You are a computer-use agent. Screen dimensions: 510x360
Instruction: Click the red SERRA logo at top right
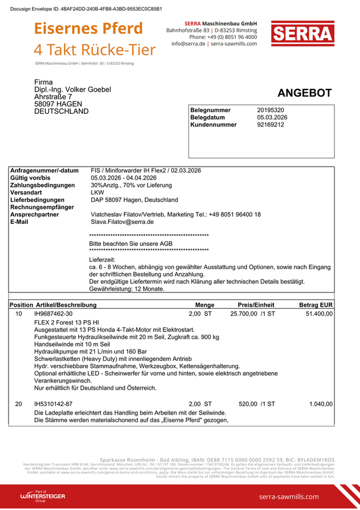tap(302, 34)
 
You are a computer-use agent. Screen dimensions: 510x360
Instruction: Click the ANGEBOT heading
tap(304, 93)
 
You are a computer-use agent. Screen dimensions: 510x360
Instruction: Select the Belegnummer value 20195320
tap(270, 110)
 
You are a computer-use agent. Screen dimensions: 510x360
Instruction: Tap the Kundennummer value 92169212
tap(270, 124)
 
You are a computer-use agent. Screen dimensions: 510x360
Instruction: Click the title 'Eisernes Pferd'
tap(88, 28)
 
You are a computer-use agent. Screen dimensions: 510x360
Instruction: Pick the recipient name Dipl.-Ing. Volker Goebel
tap(73, 90)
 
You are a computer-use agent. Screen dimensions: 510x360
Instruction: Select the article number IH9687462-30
tap(54, 313)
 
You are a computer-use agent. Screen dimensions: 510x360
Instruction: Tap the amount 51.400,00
tap(319, 313)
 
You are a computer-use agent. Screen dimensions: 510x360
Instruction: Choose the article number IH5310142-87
tap(54, 403)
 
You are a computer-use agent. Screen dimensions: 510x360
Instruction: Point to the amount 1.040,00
tap(321, 403)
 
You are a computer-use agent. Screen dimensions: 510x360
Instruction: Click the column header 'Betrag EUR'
tap(316, 305)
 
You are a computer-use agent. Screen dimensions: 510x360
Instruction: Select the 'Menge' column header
tap(205, 305)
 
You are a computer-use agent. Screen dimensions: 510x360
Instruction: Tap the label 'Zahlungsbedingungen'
tap(43, 185)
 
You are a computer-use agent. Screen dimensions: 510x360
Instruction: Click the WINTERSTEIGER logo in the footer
tap(43, 496)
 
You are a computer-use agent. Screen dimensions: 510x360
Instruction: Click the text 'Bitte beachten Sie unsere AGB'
tap(131, 243)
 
